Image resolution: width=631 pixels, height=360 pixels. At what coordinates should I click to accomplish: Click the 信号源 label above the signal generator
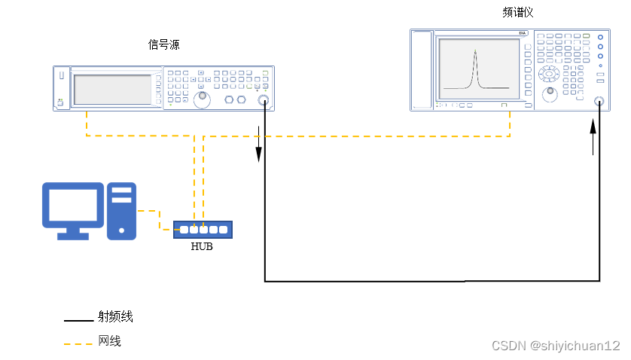(164, 45)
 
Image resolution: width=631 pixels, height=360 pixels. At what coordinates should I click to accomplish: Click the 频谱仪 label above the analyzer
(519, 13)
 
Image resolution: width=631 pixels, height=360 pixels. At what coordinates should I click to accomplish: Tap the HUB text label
(202, 246)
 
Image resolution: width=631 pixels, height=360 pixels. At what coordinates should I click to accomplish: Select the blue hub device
(203, 230)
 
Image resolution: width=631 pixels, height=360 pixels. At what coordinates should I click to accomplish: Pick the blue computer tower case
(121, 210)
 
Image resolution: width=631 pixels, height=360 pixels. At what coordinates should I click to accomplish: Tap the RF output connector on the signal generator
(264, 101)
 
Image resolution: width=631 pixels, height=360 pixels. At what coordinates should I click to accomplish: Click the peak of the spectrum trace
(475, 52)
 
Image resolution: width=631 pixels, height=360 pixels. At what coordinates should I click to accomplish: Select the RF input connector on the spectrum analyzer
(599, 102)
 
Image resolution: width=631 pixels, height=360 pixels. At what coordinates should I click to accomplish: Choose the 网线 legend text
(110, 341)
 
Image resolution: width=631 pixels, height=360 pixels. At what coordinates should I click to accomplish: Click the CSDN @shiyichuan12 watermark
(555, 346)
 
